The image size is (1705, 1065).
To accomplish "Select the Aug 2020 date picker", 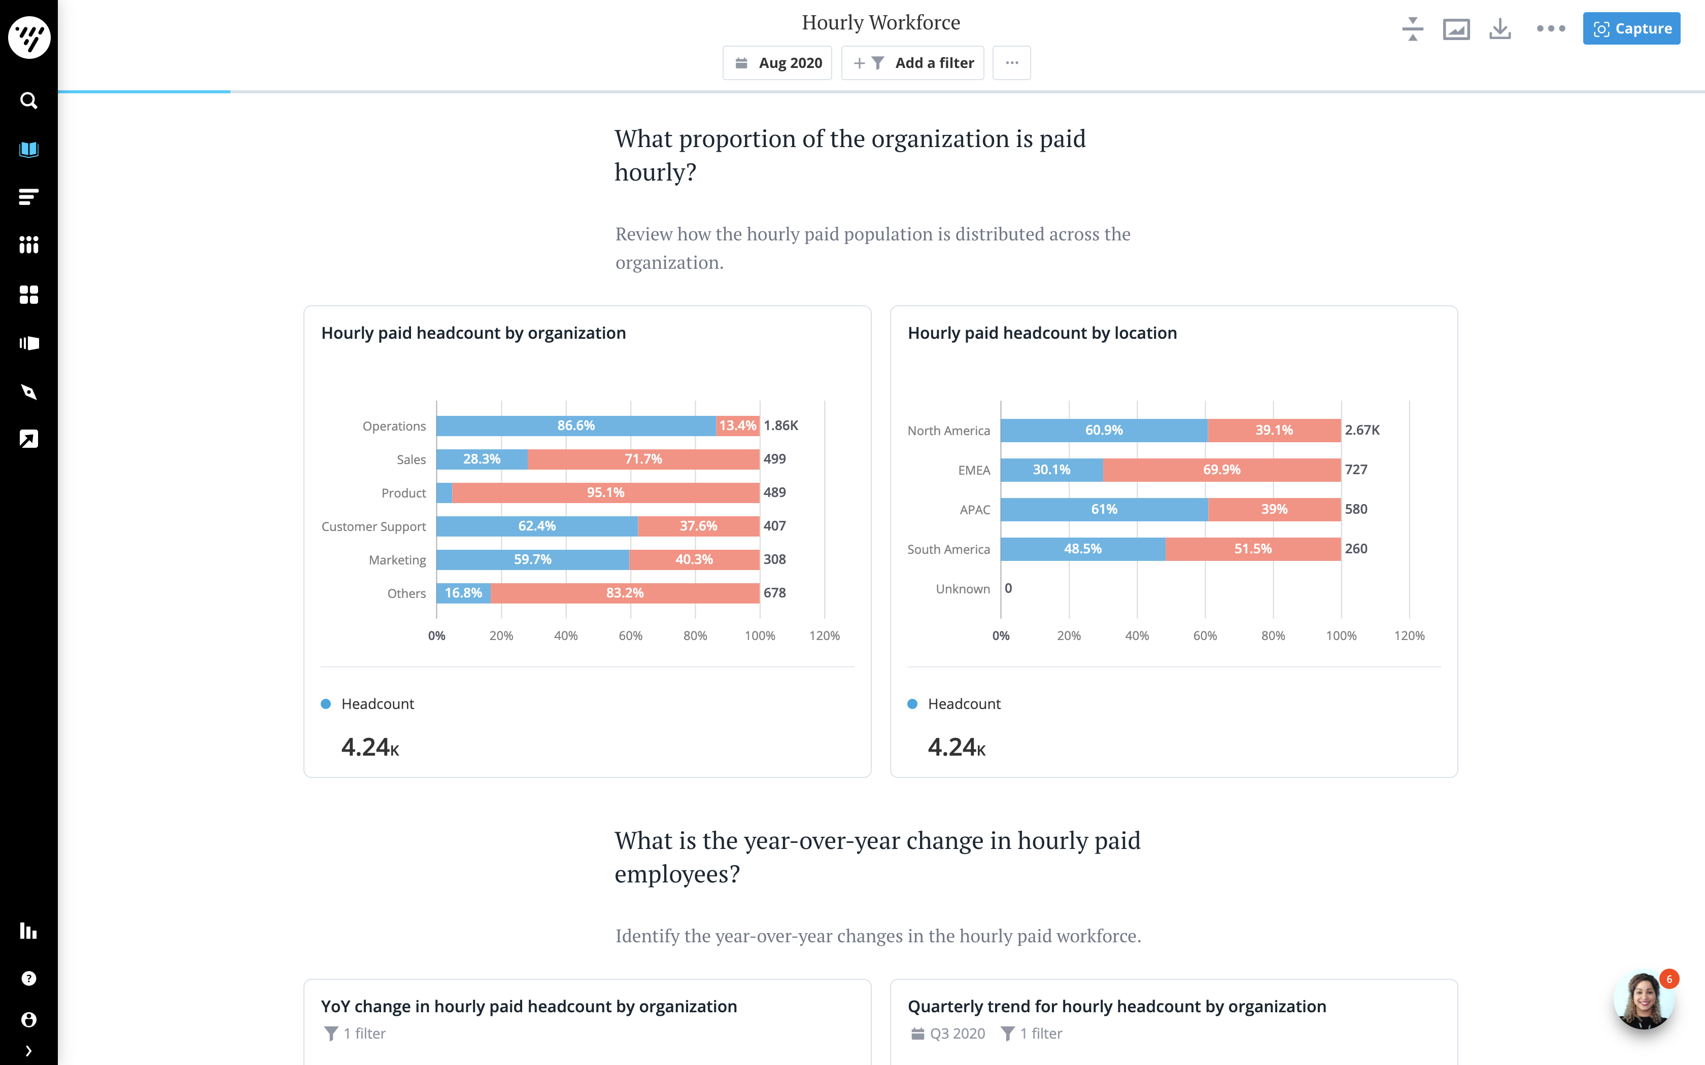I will click(x=778, y=63).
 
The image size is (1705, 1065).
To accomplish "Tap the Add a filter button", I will click(x=913, y=63).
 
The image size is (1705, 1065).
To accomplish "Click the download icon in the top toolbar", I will click(x=1500, y=29).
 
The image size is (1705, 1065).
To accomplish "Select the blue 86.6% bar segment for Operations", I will click(x=575, y=425).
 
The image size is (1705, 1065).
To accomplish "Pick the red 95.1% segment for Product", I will click(x=605, y=492).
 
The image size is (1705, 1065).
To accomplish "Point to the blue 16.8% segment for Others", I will click(x=463, y=593).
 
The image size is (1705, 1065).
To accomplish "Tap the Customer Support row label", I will click(x=373, y=526).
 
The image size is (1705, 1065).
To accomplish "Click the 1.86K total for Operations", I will click(x=780, y=425).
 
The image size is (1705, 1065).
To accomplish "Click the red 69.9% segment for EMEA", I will click(x=1221, y=470).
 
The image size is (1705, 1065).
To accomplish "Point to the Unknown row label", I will click(x=963, y=589).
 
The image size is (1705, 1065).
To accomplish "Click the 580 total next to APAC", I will click(x=1355, y=509).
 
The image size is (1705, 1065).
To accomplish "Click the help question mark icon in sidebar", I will click(x=29, y=978).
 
